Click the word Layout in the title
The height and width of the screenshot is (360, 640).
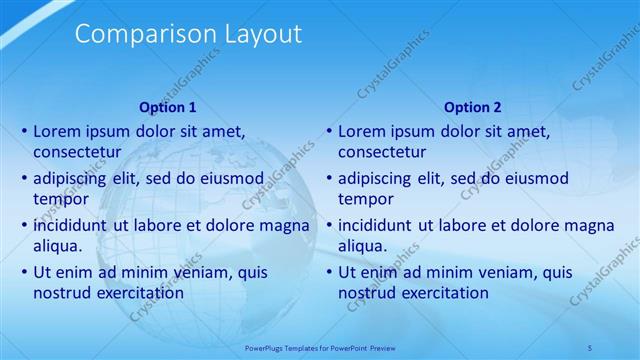pyautogui.click(x=254, y=34)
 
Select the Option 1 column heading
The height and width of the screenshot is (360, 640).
pyautogui.click(x=168, y=107)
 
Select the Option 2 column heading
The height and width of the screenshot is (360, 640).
pyautogui.click(x=473, y=107)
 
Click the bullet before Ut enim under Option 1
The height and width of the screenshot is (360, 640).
pyautogui.click(x=24, y=272)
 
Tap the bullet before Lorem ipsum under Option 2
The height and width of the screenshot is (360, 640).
pyautogui.click(x=329, y=131)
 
